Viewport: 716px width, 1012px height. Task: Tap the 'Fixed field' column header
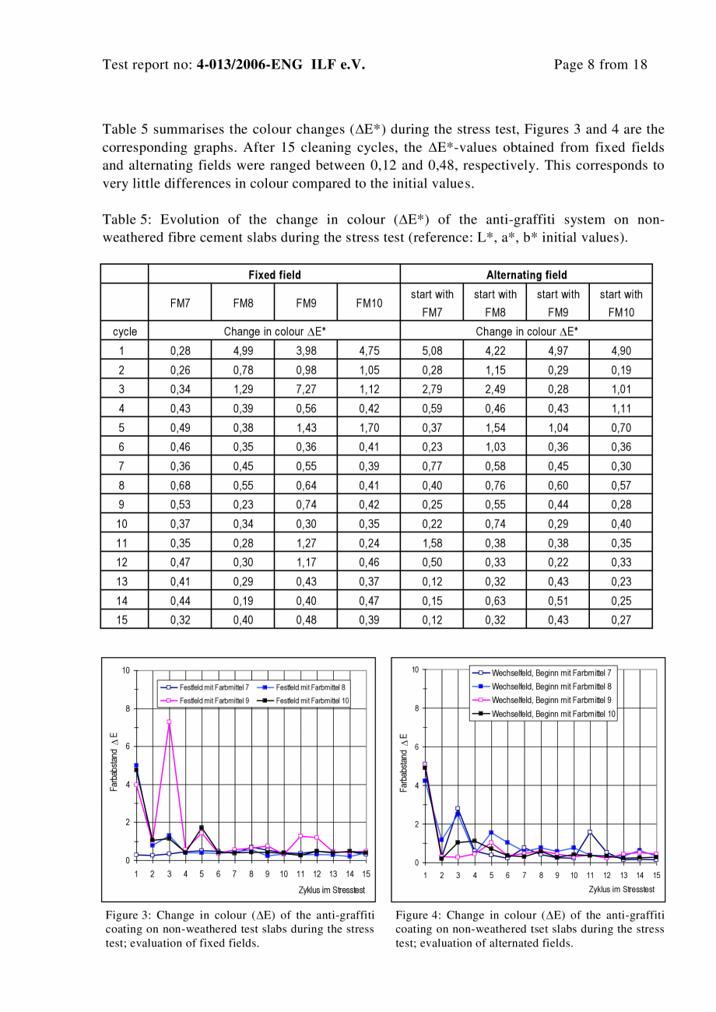[274, 275]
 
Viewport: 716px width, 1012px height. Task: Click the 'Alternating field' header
[526, 275]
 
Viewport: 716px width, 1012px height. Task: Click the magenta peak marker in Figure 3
[169, 722]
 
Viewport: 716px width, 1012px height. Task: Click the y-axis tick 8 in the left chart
[126, 708]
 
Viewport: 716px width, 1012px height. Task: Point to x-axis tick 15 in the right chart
[657, 876]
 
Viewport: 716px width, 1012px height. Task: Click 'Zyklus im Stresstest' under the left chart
[332, 890]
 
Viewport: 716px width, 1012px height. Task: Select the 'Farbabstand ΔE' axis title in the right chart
[404, 763]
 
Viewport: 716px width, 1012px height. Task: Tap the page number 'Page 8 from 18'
[600, 65]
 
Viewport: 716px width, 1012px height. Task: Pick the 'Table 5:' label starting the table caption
[126, 220]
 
